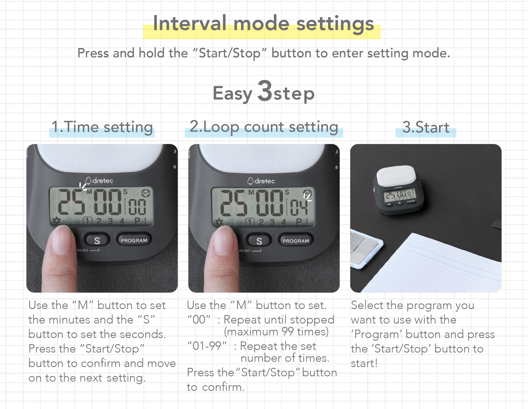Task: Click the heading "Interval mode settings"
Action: click(x=263, y=23)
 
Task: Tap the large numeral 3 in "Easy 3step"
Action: click(x=265, y=91)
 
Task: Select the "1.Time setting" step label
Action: click(x=102, y=127)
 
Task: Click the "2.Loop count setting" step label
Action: click(x=264, y=127)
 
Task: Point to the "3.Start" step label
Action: click(x=426, y=127)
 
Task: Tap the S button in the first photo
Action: click(x=97, y=240)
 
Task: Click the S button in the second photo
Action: click(x=259, y=241)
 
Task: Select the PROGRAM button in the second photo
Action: click(x=296, y=241)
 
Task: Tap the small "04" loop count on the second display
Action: click(x=299, y=207)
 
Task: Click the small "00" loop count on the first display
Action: click(x=137, y=207)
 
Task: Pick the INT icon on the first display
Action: click(x=145, y=193)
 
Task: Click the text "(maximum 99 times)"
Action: click(x=276, y=332)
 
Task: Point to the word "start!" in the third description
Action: click(x=364, y=363)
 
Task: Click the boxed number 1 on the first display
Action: click(x=88, y=221)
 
